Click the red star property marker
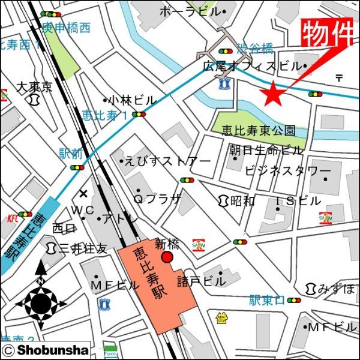pos(272,92)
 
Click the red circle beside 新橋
pos(167,257)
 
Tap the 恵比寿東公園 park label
pos(259,130)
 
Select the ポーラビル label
pos(191,11)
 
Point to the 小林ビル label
pos(130,100)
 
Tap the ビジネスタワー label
pos(288,172)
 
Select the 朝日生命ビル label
pos(266,150)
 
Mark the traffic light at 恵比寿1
pos(140,114)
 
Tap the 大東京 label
pos(34,87)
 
